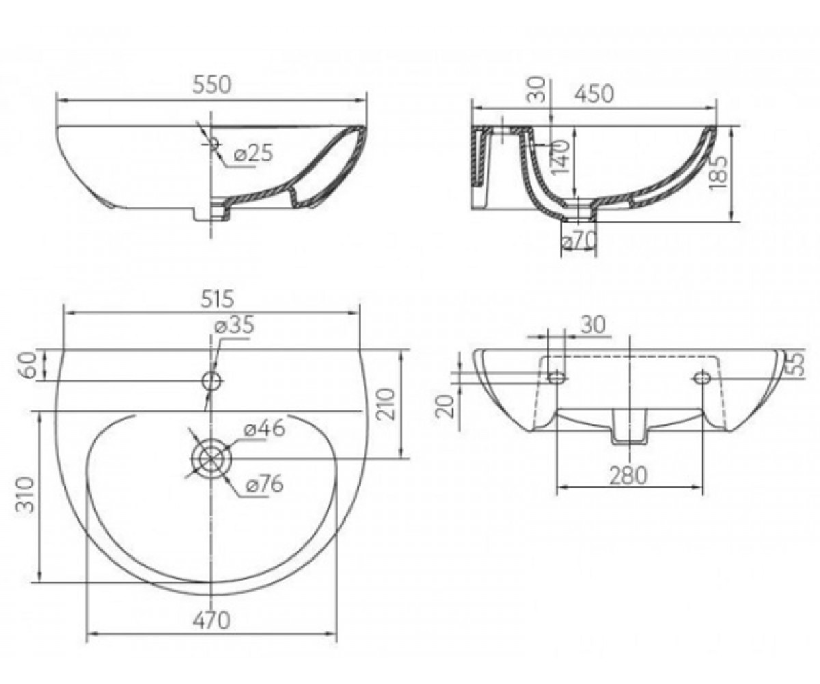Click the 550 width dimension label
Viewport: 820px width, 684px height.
212,85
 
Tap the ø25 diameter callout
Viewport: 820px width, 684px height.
253,153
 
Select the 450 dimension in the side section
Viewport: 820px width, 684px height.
593,95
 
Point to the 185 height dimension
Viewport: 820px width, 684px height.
720,173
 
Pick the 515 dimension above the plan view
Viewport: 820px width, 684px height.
217,299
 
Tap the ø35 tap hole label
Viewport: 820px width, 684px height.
234,326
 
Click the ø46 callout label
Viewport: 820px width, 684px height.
264,429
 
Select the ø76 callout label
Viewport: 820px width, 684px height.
264,484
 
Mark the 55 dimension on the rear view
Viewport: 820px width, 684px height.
795,365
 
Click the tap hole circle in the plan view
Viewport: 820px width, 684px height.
212,380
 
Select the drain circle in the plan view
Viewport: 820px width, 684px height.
212,458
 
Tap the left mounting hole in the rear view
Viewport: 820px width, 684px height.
557,378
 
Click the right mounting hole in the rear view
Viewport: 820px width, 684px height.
702,378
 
